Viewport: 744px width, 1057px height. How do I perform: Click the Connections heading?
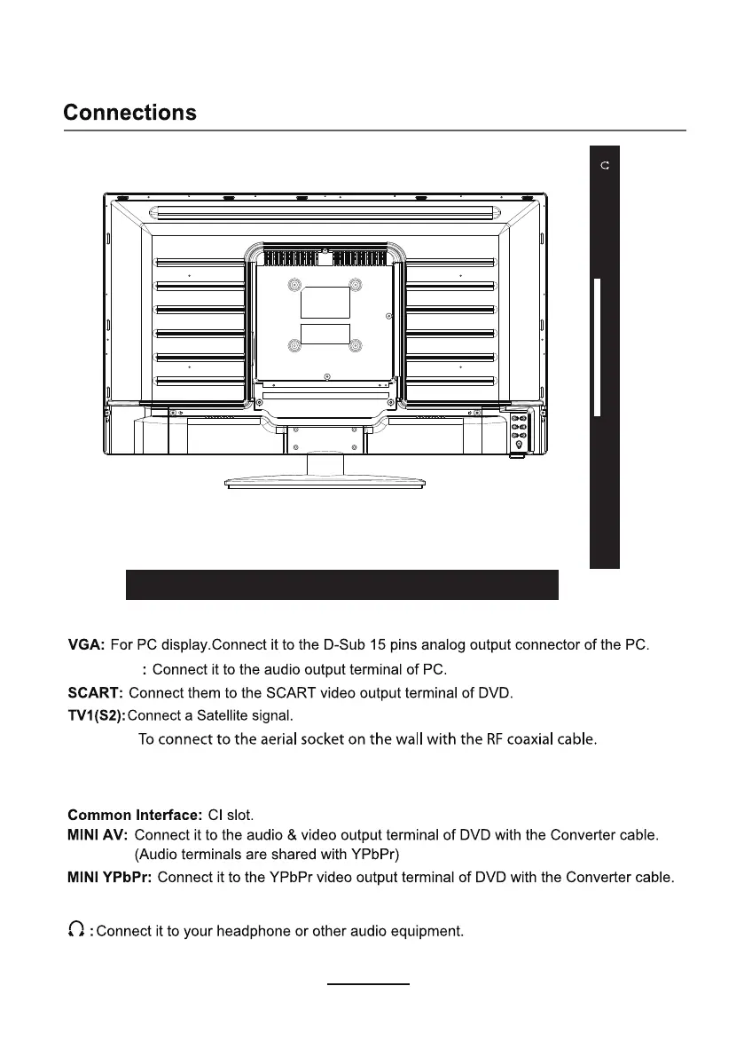tap(129, 114)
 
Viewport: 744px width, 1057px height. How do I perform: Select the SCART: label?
tap(96, 691)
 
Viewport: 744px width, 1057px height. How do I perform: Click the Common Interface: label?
tap(135, 814)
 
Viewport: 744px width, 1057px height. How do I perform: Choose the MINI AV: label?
tap(98, 835)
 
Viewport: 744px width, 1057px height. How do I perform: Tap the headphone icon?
tap(76, 930)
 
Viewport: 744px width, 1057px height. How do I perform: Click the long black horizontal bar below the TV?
tap(341, 585)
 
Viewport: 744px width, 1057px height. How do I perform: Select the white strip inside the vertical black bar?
tap(598, 346)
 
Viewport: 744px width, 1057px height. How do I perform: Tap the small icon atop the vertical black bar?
tap(605, 166)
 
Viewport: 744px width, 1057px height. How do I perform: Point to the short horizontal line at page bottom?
tap(369, 984)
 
